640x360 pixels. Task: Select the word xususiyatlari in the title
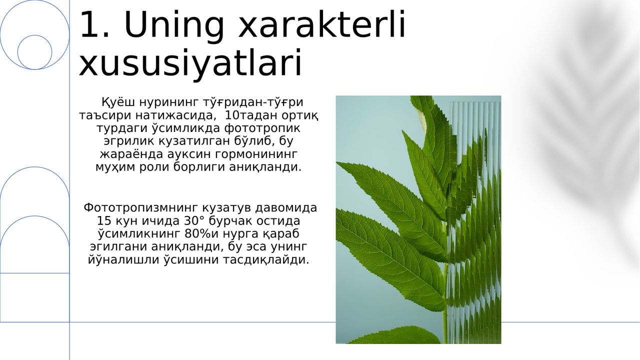[x=190, y=63]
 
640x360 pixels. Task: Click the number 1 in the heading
[x=91, y=24]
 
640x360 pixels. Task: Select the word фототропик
[x=262, y=128]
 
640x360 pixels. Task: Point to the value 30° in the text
[x=194, y=221]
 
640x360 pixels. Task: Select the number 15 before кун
[x=103, y=221]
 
